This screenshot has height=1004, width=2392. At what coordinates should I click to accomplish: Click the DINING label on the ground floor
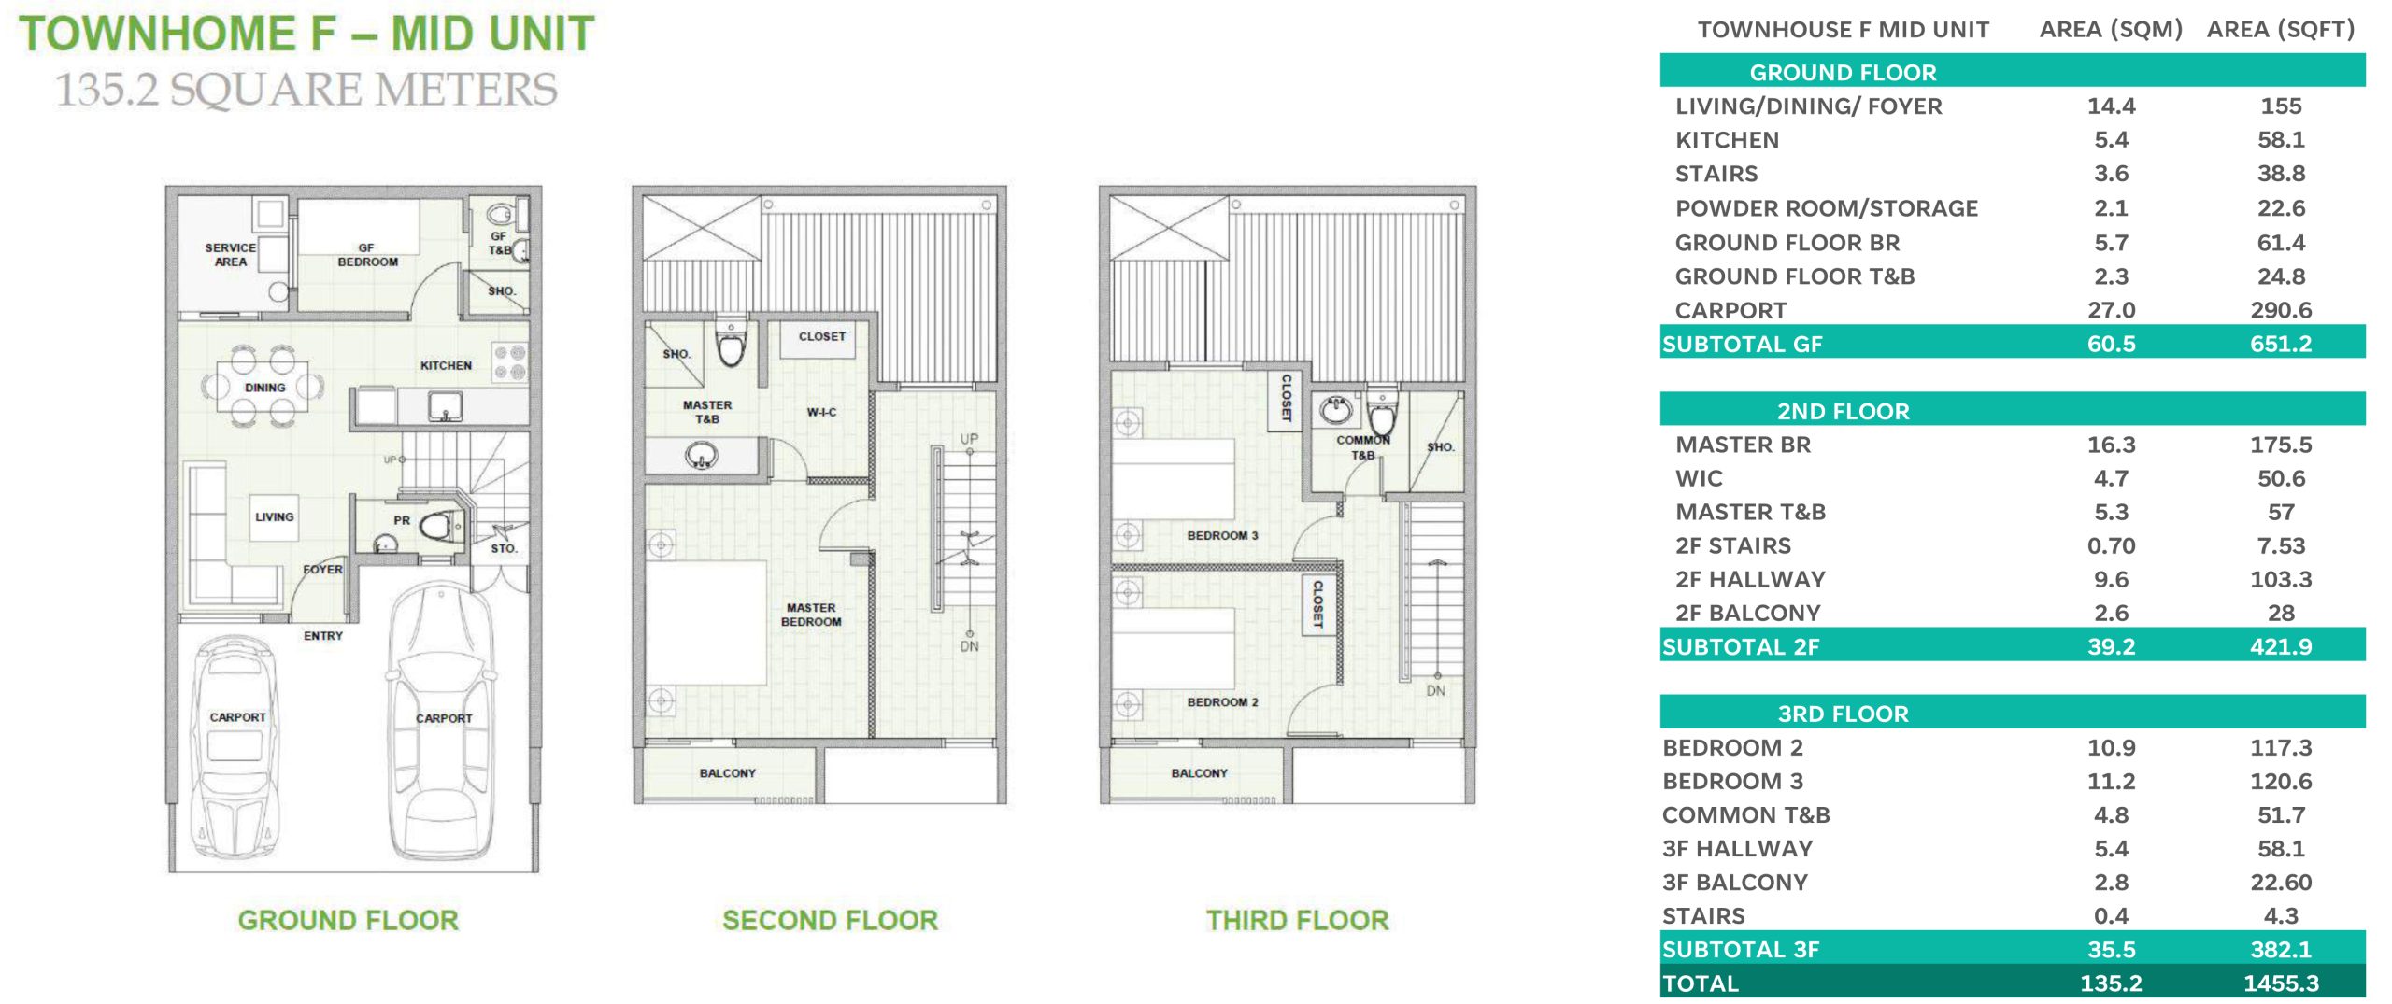tap(265, 388)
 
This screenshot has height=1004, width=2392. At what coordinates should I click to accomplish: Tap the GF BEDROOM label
tap(367, 255)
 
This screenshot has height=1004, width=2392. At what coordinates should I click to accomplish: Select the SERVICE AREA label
tap(231, 255)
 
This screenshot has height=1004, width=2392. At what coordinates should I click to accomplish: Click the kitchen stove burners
tap(510, 362)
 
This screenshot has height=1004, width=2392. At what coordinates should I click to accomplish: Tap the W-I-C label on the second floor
tap(822, 412)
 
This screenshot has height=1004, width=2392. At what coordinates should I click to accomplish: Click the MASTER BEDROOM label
tap(811, 615)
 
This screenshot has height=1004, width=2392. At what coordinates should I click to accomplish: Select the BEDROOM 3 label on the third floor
tap(1222, 535)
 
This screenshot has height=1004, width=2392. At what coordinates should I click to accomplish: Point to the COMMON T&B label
tap(1363, 447)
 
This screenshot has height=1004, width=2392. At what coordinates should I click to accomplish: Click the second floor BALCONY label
tap(728, 773)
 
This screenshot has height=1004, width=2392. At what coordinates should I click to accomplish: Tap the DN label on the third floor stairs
tap(1435, 691)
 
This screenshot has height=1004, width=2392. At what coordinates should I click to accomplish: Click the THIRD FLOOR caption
tap(1297, 920)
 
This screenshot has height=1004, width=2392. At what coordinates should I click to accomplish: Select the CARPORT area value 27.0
tap(2111, 310)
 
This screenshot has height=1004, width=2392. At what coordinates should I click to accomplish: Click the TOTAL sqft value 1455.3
tap(2281, 983)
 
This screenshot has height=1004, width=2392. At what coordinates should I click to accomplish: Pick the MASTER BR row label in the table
tap(1743, 445)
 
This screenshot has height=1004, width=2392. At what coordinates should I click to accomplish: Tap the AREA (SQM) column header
tap(2111, 30)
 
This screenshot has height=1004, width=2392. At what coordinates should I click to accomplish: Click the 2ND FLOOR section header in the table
tap(1843, 411)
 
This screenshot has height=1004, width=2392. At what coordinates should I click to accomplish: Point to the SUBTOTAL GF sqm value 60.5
tap(2111, 344)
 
